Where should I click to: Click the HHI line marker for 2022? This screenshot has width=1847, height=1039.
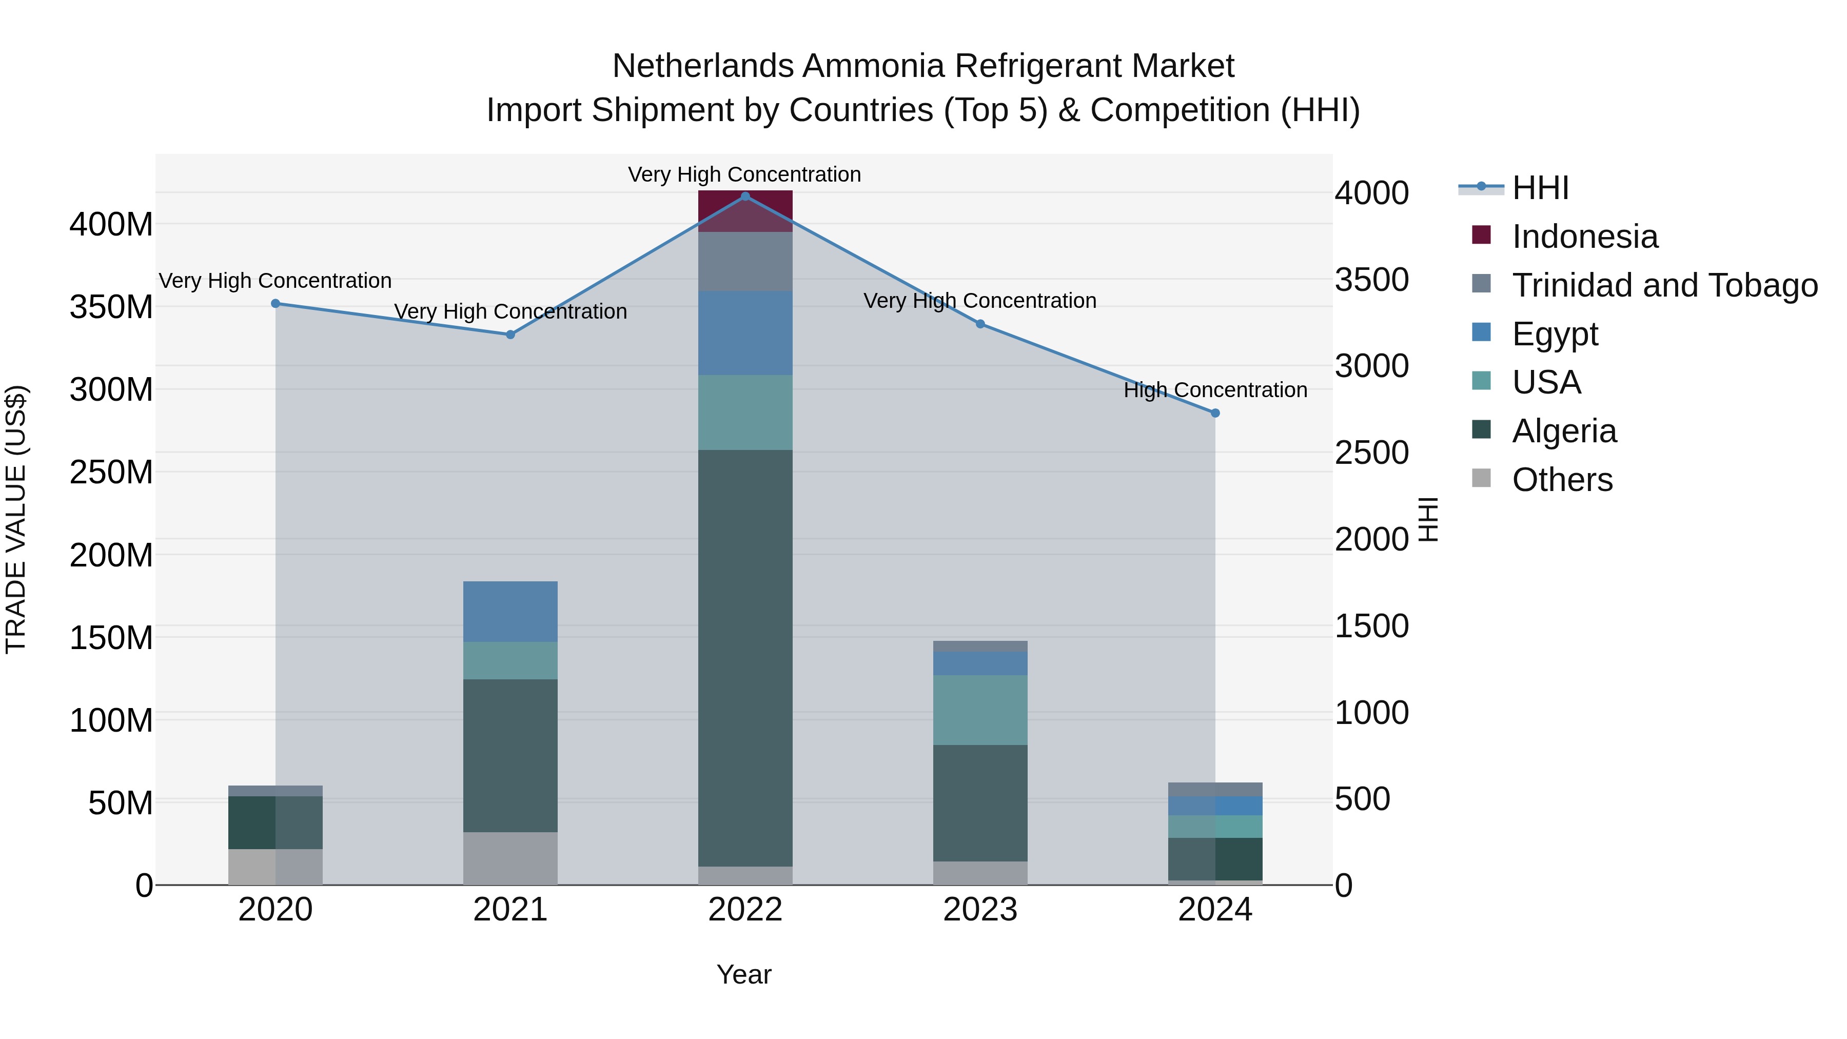click(745, 197)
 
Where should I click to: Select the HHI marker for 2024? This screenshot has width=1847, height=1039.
click(1214, 413)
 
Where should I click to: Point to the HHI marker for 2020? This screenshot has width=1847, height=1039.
click(276, 303)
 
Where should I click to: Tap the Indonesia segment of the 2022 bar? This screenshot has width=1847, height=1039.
click(745, 211)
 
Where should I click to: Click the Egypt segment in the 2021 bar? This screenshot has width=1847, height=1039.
click(510, 611)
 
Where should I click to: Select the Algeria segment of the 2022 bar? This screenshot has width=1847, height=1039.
click(745, 658)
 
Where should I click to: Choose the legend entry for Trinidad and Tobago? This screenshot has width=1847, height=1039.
click(1664, 285)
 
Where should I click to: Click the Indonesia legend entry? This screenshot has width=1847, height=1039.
click(1585, 237)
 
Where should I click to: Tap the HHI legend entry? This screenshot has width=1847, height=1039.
click(1540, 188)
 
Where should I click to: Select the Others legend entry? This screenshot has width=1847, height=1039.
click(1562, 480)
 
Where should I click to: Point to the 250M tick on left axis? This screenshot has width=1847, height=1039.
click(111, 472)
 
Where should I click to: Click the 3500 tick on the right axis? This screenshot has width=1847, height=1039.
click(1371, 280)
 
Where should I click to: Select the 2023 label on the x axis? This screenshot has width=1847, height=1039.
click(979, 910)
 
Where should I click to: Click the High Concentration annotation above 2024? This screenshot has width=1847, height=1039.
click(1214, 390)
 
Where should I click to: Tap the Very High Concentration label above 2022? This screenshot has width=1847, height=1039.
click(744, 174)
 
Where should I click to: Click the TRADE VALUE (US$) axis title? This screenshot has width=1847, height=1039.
click(16, 519)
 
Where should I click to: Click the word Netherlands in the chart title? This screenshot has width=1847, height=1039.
click(703, 66)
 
